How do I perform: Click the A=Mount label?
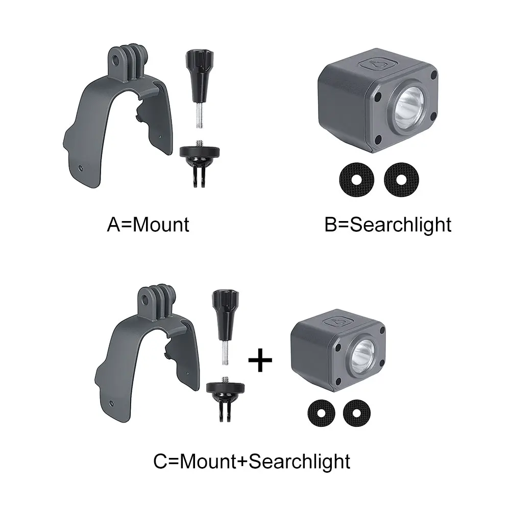click(x=148, y=225)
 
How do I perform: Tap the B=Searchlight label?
click(x=388, y=225)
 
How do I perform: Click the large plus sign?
click(x=260, y=361)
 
